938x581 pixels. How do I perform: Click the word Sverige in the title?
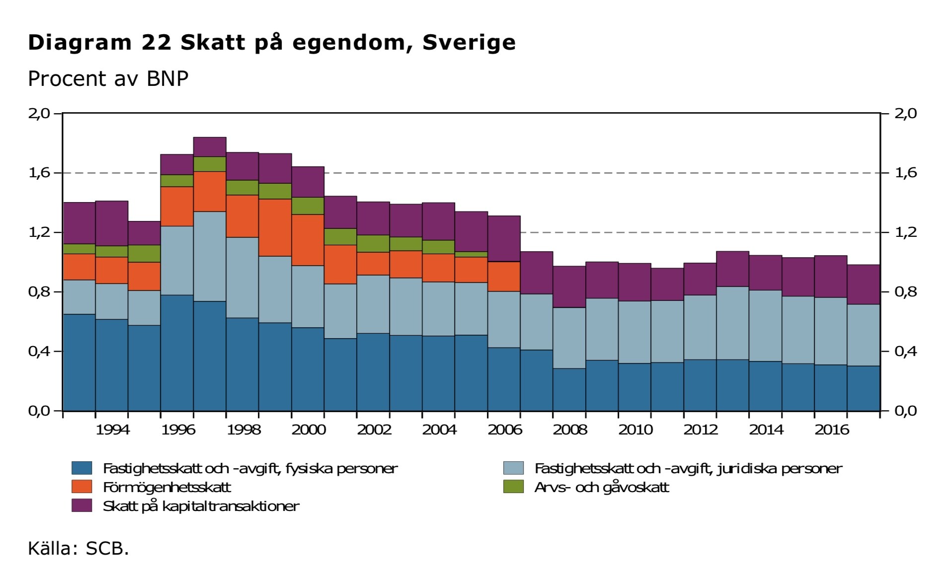click(x=469, y=43)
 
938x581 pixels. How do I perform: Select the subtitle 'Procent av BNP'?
click(x=108, y=79)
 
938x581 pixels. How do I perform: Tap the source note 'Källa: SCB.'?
click(x=78, y=548)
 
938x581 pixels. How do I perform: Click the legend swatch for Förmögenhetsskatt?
click(x=82, y=487)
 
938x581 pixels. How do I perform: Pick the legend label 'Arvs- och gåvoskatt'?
click(x=602, y=487)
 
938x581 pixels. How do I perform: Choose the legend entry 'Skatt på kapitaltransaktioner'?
click(x=201, y=506)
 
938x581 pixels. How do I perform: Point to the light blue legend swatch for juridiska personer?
click(x=513, y=468)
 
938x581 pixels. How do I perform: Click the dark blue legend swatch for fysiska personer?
click(x=82, y=468)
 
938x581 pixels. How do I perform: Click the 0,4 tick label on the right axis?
click(x=905, y=352)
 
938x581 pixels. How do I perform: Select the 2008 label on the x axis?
click(x=570, y=430)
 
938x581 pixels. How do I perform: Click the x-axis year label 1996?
click(x=177, y=430)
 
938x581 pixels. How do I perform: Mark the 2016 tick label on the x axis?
click(x=831, y=430)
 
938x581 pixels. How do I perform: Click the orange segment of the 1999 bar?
click(x=275, y=227)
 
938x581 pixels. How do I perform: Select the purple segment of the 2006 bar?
click(x=504, y=238)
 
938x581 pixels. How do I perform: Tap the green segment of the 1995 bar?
click(x=145, y=253)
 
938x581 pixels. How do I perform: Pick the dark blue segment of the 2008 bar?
click(x=569, y=389)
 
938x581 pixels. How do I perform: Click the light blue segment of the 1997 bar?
click(x=210, y=256)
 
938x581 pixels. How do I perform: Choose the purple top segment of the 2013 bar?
click(x=733, y=269)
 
